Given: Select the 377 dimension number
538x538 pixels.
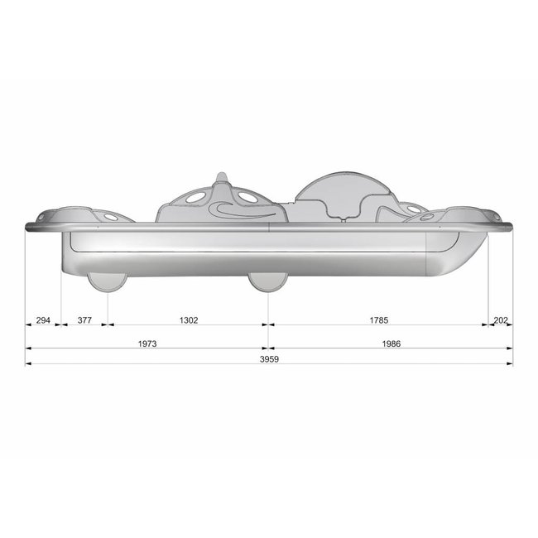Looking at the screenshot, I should click(84, 319).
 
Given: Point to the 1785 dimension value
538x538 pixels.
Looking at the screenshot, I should click(377, 319).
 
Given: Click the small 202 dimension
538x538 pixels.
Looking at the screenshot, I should click(501, 319).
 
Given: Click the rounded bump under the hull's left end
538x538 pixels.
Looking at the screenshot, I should click(108, 282).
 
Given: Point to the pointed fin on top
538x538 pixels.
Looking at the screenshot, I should click(221, 180).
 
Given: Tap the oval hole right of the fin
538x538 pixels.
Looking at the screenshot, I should click(247, 199).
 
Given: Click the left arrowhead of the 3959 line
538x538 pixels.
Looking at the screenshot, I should click(29, 363).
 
